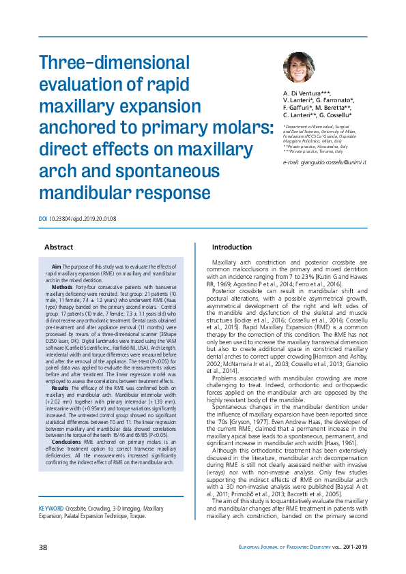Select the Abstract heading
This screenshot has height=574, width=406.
(x=59, y=247)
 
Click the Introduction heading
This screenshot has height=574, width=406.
(x=232, y=247)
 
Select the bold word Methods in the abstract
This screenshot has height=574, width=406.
(x=63, y=288)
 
